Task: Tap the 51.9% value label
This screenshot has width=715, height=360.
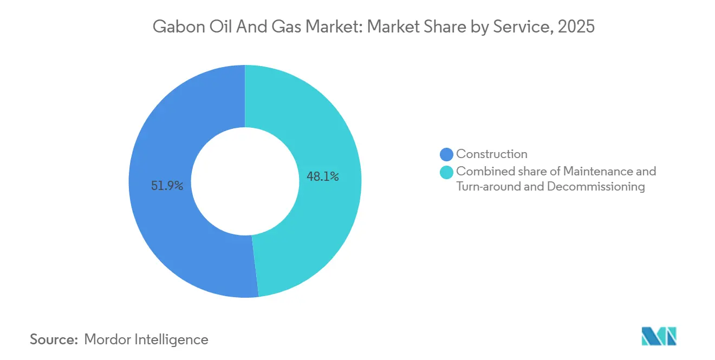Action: (x=167, y=186)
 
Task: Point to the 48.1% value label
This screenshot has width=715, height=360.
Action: (x=323, y=176)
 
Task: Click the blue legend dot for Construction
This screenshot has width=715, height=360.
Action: (x=447, y=154)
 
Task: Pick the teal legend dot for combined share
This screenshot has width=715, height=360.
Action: (x=447, y=172)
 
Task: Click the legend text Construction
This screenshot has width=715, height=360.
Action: (x=491, y=154)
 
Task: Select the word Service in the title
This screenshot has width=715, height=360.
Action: (x=521, y=27)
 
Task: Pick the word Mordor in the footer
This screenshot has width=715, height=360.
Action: (x=108, y=339)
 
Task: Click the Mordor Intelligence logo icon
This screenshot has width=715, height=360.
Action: (x=659, y=336)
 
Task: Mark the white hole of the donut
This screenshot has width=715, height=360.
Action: (x=245, y=181)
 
